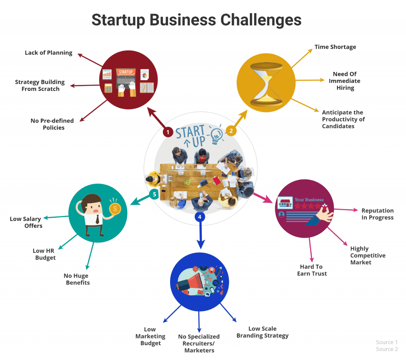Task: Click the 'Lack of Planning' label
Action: (x=49, y=53)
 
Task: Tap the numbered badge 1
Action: (x=168, y=132)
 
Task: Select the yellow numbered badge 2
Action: (x=231, y=131)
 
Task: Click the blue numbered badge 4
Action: (x=200, y=217)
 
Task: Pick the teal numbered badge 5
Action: (x=154, y=194)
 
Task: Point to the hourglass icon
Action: (x=266, y=85)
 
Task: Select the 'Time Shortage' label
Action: (x=335, y=47)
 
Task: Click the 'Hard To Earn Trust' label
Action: (x=312, y=270)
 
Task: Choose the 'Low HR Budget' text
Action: (x=44, y=254)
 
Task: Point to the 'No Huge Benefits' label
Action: (x=77, y=279)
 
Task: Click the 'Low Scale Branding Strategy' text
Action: (x=262, y=332)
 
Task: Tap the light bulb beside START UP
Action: (x=216, y=135)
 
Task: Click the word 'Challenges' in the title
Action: (x=261, y=20)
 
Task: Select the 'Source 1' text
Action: (x=387, y=342)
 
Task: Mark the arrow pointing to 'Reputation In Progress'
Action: (x=346, y=210)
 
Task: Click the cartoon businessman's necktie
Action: (x=98, y=219)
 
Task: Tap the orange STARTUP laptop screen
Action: (x=126, y=72)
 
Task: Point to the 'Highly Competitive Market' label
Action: (x=368, y=256)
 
